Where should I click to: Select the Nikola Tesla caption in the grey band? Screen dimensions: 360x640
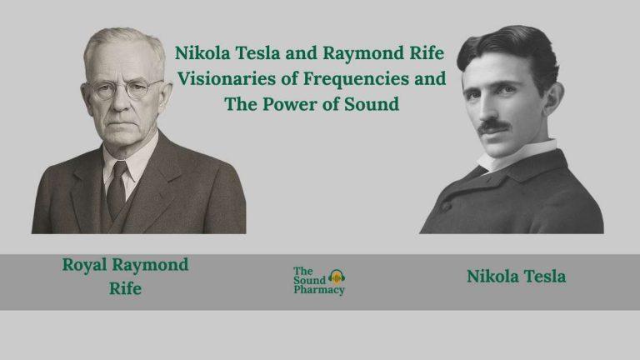point(516,276)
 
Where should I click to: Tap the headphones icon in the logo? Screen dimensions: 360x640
point(337,276)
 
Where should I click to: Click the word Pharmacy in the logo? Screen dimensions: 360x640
point(318,290)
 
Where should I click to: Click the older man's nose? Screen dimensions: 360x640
point(125,102)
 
